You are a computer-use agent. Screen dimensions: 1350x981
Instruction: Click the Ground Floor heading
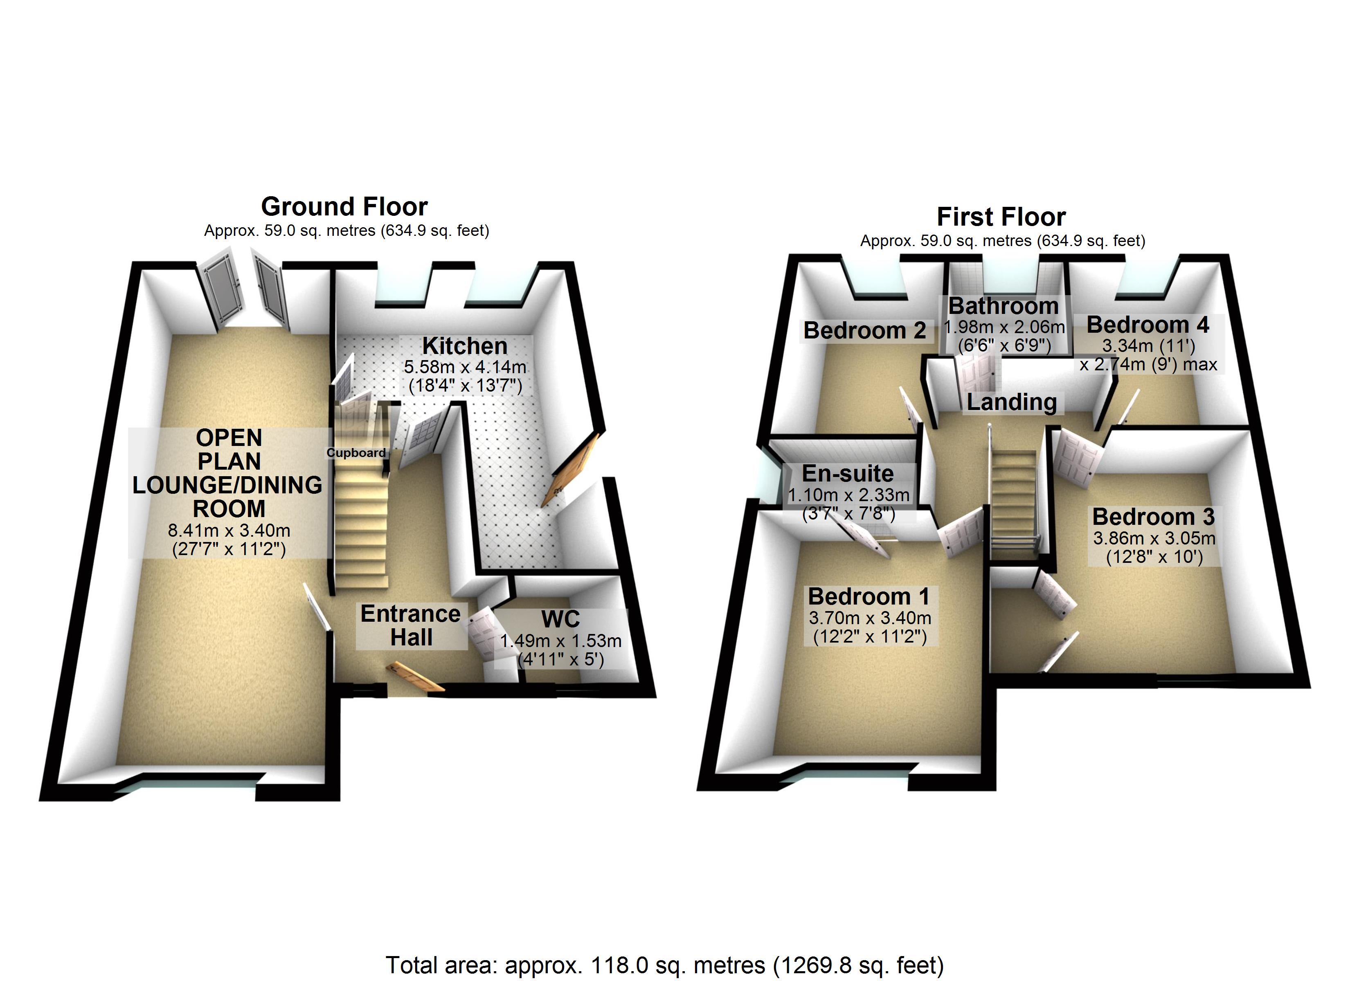(x=344, y=206)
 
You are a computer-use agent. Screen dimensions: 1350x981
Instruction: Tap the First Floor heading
(x=1001, y=217)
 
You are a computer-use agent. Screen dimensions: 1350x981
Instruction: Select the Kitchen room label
(x=465, y=346)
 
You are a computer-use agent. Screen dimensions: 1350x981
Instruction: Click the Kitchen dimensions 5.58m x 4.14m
(x=465, y=367)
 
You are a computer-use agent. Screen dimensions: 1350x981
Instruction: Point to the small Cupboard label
(x=356, y=453)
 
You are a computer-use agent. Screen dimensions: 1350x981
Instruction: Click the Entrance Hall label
(x=411, y=625)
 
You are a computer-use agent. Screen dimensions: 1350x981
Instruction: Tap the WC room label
(x=560, y=619)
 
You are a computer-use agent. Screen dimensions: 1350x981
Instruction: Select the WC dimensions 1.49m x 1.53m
(x=561, y=641)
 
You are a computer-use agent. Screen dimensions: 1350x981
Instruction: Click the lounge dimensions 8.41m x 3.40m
(x=229, y=530)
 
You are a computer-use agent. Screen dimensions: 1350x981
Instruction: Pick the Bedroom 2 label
(x=864, y=330)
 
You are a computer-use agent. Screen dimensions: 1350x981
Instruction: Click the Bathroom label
(x=1004, y=306)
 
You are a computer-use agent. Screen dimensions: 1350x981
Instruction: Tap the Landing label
(x=1012, y=402)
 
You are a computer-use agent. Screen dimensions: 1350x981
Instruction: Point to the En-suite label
(x=848, y=474)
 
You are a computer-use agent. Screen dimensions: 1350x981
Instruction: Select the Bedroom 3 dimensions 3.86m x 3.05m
(x=1154, y=538)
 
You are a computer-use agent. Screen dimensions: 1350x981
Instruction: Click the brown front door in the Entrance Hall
(x=415, y=677)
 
